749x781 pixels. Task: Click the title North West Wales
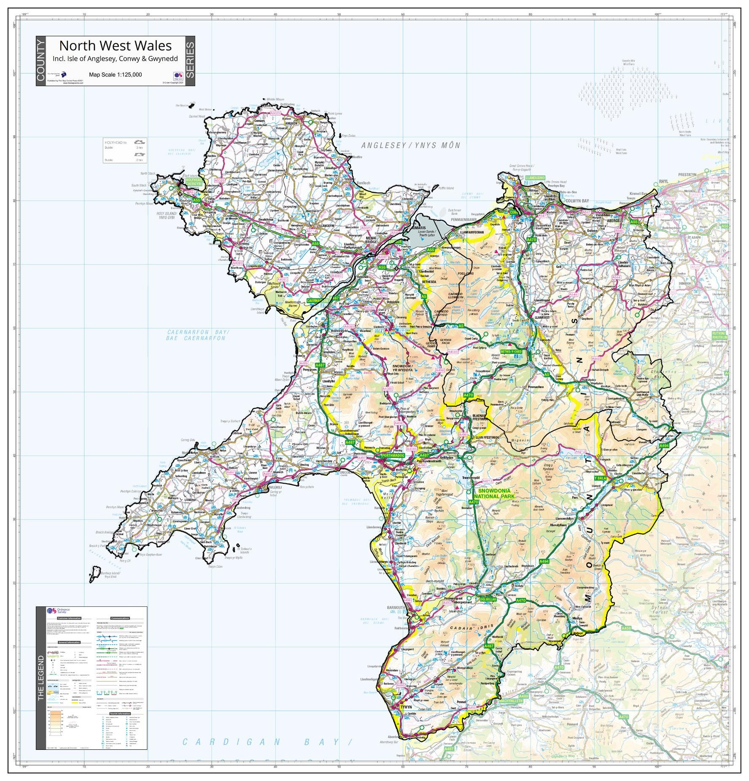pyautogui.click(x=115, y=46)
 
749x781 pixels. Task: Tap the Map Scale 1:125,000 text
pyautogui.click(x=115, y=75)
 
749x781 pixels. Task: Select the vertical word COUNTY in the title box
pyautogui.click(x=40, y=61)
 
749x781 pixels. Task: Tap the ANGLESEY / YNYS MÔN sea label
pyautogui.click(x=410, y=145)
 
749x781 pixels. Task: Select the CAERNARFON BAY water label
pyautogui.click(x=197, y=335)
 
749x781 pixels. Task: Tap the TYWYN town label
pyautogui.click(x=406, y=706)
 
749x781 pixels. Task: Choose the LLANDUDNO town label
pyautogui.click(x=535, y=178)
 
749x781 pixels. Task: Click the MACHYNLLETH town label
pyautogui.click(x=511, y=700)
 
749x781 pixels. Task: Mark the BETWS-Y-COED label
pyautogui.click(x=511, y=351)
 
